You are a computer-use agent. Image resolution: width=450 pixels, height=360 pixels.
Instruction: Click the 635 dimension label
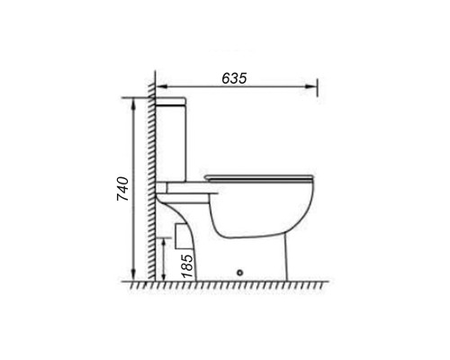234,78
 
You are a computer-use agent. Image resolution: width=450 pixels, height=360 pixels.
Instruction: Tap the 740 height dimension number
122,189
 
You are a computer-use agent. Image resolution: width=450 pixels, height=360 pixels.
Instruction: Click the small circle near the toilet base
239,273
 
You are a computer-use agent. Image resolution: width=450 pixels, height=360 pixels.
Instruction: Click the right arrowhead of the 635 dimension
311,86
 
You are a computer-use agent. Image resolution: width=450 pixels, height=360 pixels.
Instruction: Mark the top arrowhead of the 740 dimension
133,103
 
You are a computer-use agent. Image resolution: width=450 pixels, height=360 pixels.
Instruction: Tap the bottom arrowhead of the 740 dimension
133,275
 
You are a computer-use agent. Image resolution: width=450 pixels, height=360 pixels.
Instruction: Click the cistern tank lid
170,102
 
